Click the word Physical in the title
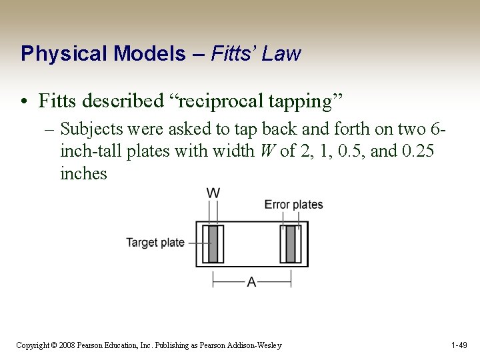pyautogui.click(x=55, y=54)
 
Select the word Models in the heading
pyautogui.click(x=142, y=53)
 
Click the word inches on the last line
pyautogui.click(x=83, y=173)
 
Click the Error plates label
pyautogui.click(x=293, y=205)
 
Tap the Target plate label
pyautogui.click(x=155, y=243)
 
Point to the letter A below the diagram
pyautogui.click(x=251, y=283)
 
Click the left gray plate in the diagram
pyautogui.click(x=213, y=244)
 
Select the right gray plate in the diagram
pyautogui.click(x=291, y=244)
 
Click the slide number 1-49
pyautogui.click(x=460, y=345)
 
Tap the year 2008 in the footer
pyautogui.click(x=65, y=345)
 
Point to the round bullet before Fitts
pyautogui.click(x=25, y=102)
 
